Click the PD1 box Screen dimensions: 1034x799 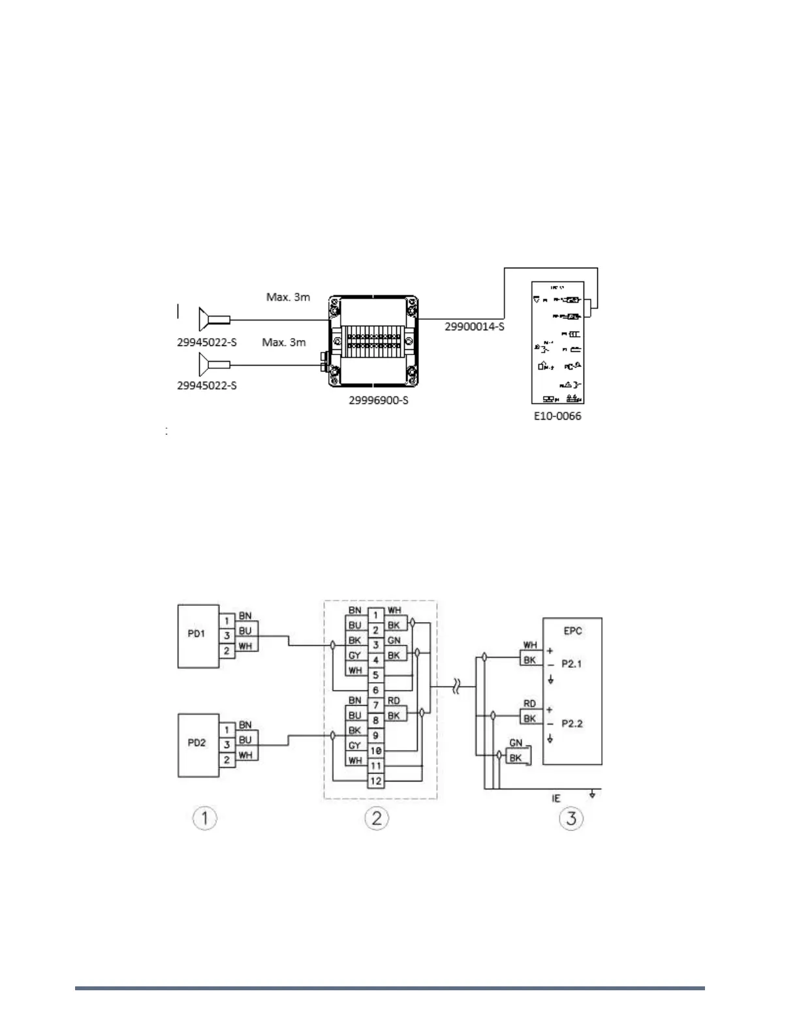coord(198,635)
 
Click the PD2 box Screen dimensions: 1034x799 coord(198,744)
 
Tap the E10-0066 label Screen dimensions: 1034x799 coord(557,416)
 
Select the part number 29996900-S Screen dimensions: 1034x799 coord(378,400)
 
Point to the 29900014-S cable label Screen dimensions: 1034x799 coord(475,326)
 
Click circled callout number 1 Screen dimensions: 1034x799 coord(205,818)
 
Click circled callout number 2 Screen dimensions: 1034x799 coord(377,818)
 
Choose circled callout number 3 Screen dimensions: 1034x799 coord(571,818)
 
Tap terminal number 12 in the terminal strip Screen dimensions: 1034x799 coord(375,781)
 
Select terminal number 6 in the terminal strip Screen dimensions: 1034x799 coord(375,690)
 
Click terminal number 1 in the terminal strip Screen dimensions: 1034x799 coord(375,615)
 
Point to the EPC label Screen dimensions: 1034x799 coord(572,631)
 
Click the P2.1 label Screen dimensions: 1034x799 coord(572,664)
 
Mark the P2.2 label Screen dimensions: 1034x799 coord(572,724)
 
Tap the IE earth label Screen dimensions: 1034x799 coord(556,798)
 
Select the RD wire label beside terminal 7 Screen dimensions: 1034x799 coord(394,701)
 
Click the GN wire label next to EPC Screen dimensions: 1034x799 coord(516,744)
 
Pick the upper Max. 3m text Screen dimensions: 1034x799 coord(288,297)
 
